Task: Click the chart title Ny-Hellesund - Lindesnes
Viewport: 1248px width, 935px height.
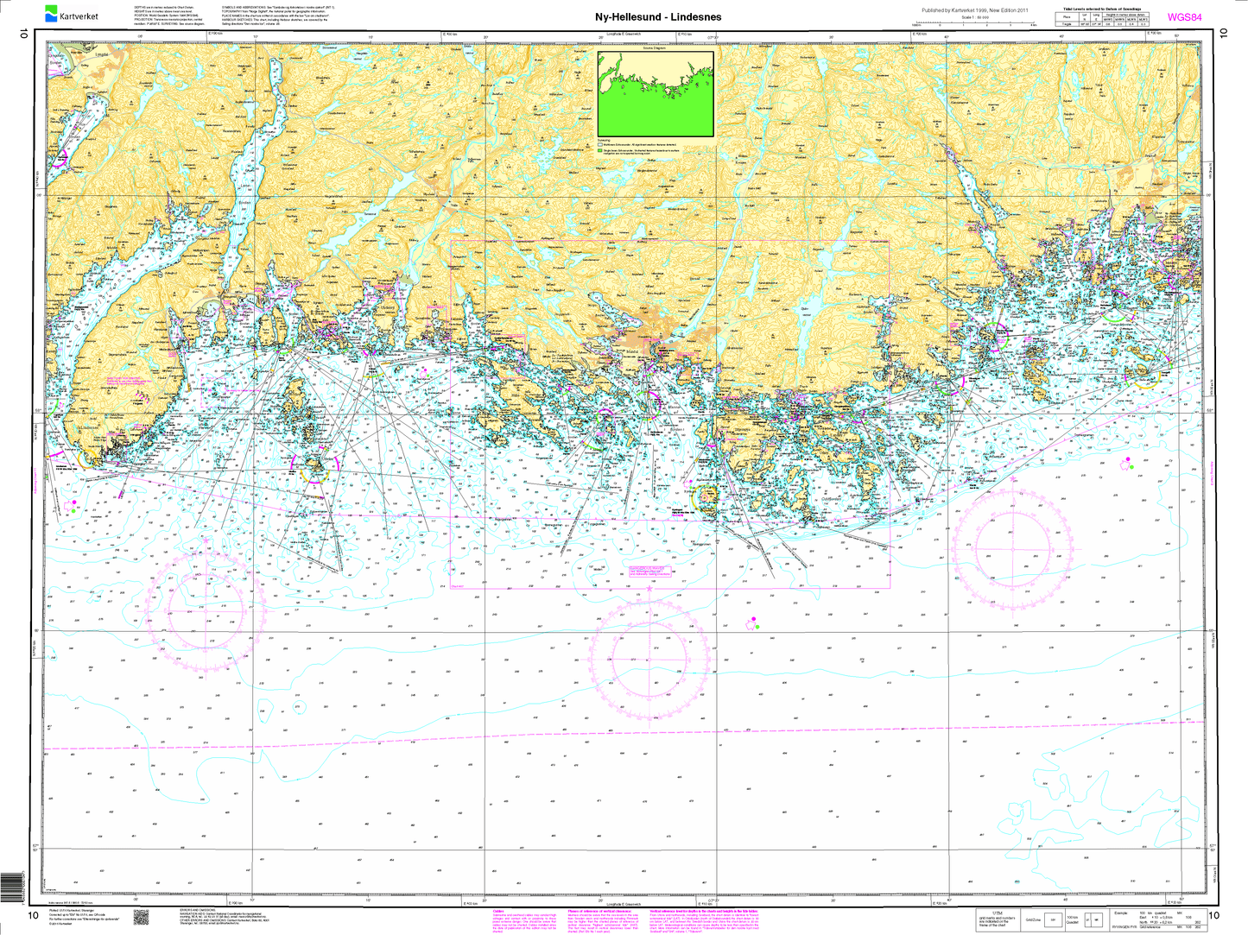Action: point(658,16)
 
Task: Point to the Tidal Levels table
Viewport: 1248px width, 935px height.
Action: point(1104,19)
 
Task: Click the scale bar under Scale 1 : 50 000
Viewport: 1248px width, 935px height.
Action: point(979,24)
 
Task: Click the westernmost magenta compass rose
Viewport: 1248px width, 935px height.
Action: point(204,610)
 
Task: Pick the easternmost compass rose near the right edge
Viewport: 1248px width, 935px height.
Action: point(1013,548)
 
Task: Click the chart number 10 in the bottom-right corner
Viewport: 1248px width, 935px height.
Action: point(1215,915)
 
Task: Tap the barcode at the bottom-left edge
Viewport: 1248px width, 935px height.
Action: point(9,888)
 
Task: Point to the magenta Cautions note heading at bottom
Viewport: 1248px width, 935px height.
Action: point(499,910)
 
